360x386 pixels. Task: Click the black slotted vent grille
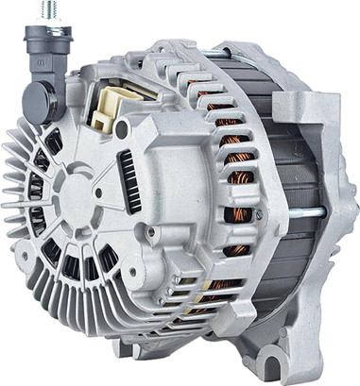pyautogui.click(x=128, y=180)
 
